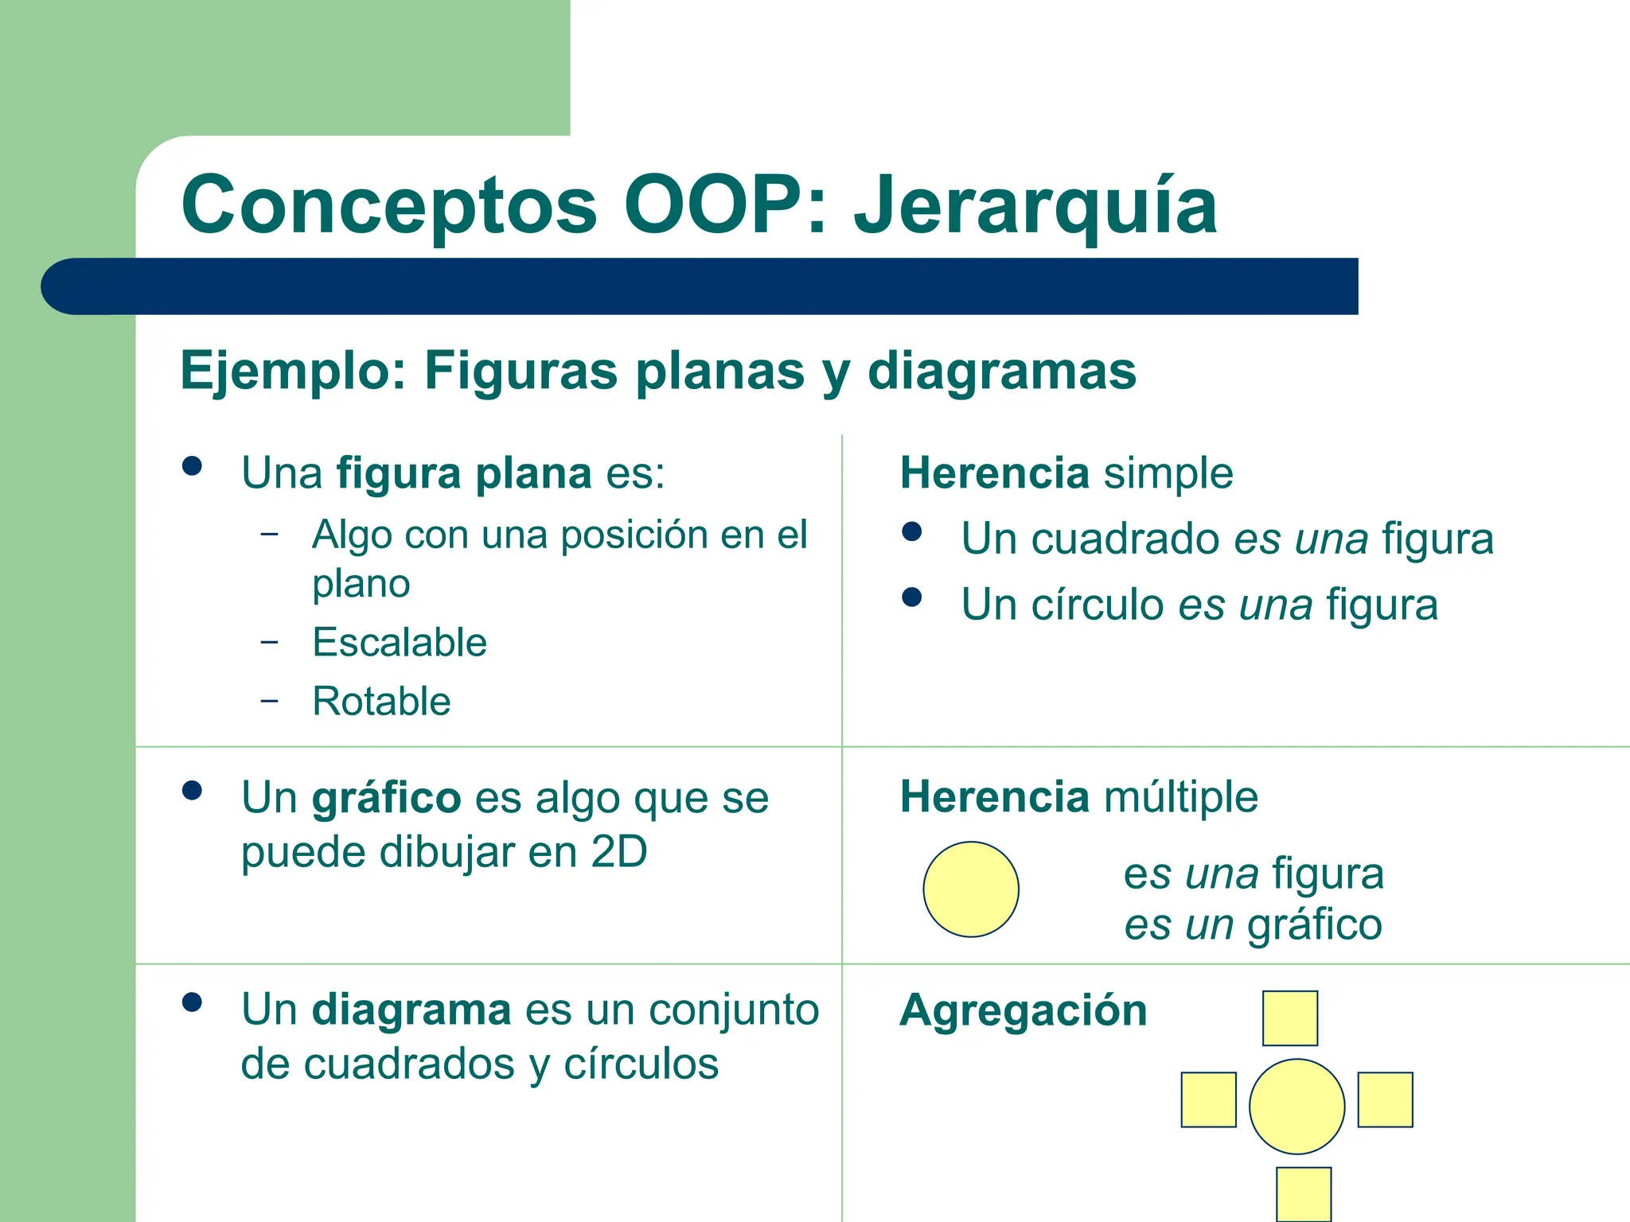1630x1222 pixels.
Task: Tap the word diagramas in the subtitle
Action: click(x=1001, y=371)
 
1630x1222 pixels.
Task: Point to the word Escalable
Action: click(x=400, y=642)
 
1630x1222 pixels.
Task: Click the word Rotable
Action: click(x=381, y=701)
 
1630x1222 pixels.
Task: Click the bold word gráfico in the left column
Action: click(x=386, y=797)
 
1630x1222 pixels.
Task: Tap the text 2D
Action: click(x=618, y=852)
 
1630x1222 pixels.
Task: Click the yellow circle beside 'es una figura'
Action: click(x=971, y=889)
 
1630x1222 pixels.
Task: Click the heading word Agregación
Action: click(x=1023, y=1010)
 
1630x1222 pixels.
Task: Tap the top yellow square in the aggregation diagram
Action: click(x=1290, y=1018)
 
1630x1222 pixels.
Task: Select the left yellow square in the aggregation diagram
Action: click(x=1208, y=1099)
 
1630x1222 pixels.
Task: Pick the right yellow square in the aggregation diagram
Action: click(x=1385, y=1099)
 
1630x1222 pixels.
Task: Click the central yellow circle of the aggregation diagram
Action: click(x=1297, y=1106)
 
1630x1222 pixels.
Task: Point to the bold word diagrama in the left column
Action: click(x=411, y=1010)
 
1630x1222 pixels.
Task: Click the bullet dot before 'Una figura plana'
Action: click(x=192, y=465)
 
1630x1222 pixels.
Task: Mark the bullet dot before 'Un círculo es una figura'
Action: click(x=912, y=597)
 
